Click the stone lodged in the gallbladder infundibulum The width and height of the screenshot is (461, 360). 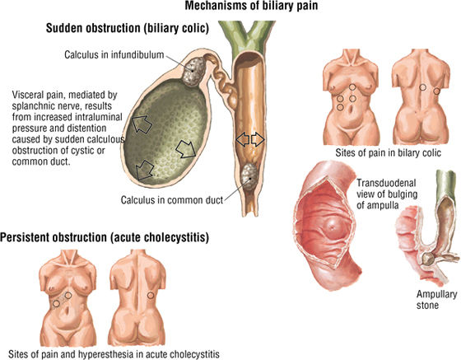click(x=193, y=72)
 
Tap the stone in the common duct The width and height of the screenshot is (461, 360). click(x=249, y=176)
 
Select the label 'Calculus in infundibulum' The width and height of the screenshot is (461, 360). click(x=114, y=54)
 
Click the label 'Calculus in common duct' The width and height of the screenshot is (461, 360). click(x=172, y=200)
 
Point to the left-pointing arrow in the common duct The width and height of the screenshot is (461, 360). click(x=243, y=139)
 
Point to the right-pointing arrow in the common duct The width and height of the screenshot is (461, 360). click(x=258, y=139)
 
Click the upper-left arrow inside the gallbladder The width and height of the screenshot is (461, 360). click(x=141, y=124)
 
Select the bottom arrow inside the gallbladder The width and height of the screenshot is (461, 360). click(x=144, y=171)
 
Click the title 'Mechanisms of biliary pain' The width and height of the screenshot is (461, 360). click(x=251, y=6)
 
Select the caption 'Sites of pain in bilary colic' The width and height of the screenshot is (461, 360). click(x=388, y=153)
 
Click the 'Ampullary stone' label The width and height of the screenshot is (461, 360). click(x=436, y=299)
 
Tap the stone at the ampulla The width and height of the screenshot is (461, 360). click(x=427, y=259)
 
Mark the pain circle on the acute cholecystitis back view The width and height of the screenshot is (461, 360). click(x=151, y=295)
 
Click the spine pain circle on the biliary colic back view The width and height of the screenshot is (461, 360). click(x=422, y=87)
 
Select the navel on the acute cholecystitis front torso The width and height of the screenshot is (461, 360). click(x=68, y=311)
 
